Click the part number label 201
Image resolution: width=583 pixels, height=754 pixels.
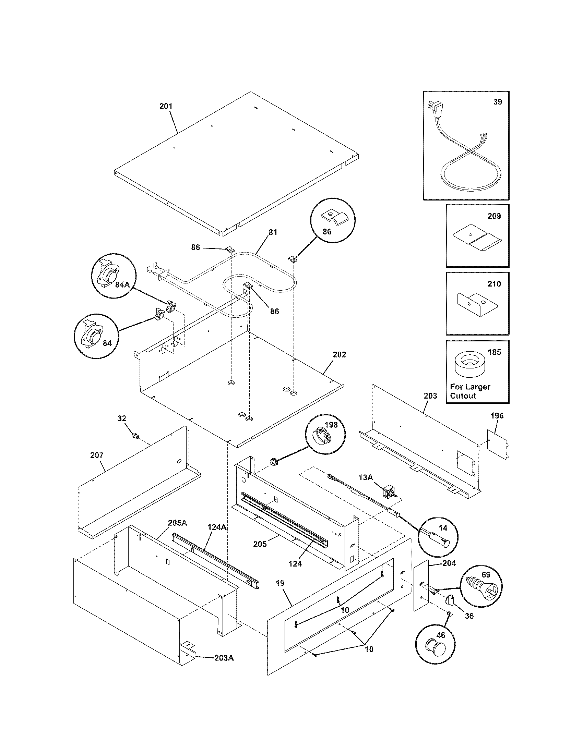[166, 106]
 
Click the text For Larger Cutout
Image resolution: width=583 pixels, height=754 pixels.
[470, 391]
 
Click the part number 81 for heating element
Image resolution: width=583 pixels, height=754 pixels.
[273, 232]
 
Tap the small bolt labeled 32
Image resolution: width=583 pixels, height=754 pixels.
[135, 436]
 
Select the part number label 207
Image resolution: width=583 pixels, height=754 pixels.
[97, 455]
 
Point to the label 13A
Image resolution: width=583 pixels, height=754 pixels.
[366, 477]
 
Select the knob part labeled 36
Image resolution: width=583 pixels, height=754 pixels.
[449, 600]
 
